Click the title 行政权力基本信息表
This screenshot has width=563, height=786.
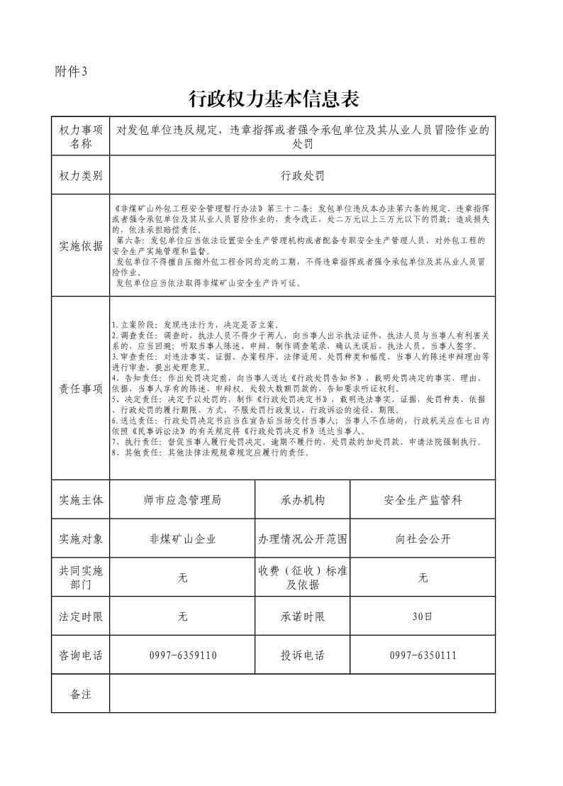point(274,99)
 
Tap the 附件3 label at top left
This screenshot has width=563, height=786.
point(70,71)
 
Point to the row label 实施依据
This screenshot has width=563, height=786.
point(81,246)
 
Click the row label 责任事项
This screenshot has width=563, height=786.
point(81,389)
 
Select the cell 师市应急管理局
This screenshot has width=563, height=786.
point(182,500)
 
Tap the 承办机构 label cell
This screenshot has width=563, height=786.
point(303,500)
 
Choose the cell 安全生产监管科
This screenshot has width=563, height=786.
point(423,500)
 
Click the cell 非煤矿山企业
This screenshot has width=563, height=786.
point(182,539)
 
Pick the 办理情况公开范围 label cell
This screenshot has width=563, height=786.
point(303,539)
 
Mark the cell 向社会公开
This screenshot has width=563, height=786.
point(423,539)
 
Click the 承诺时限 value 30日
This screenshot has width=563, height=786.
point(423,616)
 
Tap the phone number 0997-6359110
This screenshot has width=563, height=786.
point(182,655)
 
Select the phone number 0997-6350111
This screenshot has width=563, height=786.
point(423,655)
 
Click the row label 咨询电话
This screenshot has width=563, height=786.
point(81,655)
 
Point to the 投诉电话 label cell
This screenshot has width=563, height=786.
point(303,655)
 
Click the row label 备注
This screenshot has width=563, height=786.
point(81,694)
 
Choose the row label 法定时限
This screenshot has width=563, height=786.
point(81,616)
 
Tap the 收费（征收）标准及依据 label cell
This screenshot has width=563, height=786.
point(303,577)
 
